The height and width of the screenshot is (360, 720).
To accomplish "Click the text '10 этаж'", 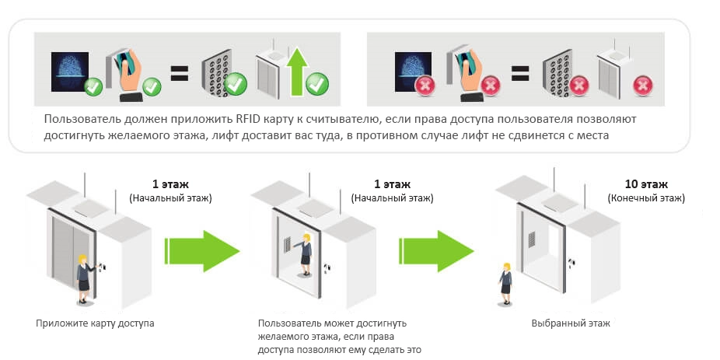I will point(646,184).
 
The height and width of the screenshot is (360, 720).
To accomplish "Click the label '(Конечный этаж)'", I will point(646,199).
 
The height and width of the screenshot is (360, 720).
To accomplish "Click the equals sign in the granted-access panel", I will point(180,73).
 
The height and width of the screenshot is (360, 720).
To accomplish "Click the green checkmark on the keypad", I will point(236,82).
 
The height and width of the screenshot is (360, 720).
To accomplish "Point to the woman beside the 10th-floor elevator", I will point(505,282).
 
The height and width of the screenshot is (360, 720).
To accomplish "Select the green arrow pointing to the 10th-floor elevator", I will point(437,250).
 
